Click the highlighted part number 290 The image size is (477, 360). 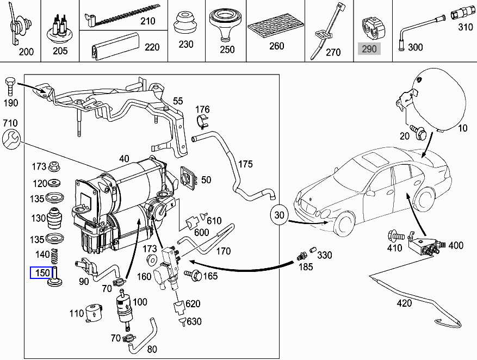tap(369, 49)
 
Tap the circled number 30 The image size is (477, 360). tap(280, 215)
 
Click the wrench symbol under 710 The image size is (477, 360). tap(12, 140)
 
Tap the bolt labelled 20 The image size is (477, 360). tap(419, 131)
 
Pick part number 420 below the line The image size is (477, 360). tap(404, 303)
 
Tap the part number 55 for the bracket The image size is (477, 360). tap(178, 101)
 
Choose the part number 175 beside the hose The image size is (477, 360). tap(246, 163)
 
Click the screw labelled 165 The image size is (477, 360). tap(193, 275)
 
